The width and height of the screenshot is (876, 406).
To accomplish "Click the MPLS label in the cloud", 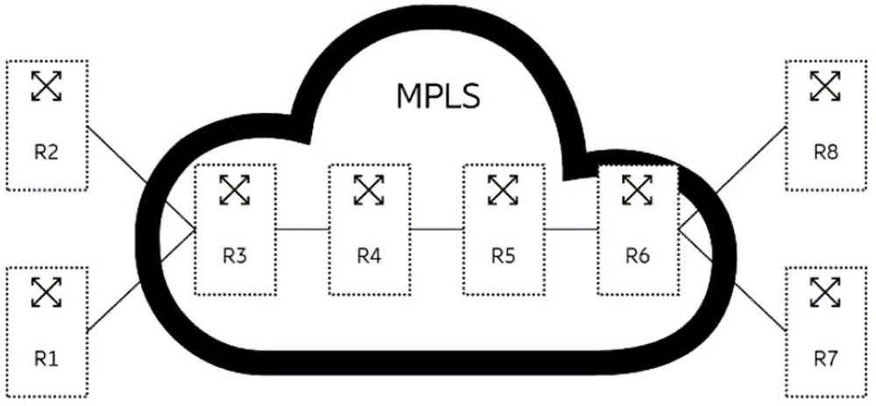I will click(x=439, y=94).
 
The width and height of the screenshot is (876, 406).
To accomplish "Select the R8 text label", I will click(x=824, y=151).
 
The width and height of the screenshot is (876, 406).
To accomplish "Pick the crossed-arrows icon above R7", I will click(x=823, y=292).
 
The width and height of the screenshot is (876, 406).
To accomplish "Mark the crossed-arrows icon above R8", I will click(x=824, y=85).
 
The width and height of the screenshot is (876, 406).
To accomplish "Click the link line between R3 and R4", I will click(x=302, y=229).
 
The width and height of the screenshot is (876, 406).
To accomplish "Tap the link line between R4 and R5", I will click(x=436, y=229).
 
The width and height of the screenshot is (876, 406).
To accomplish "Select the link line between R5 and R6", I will click(x=570, y=229).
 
